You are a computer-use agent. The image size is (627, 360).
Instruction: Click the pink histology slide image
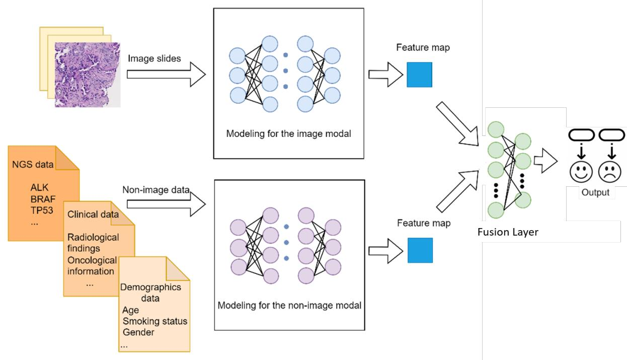88,74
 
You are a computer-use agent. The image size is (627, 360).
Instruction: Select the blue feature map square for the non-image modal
419,250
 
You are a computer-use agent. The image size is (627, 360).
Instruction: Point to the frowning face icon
609,171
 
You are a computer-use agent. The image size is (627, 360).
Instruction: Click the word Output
595,192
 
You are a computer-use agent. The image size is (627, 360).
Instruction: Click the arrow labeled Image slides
166,75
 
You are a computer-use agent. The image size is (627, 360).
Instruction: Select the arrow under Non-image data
166,204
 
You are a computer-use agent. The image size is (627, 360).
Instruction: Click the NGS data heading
33,164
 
